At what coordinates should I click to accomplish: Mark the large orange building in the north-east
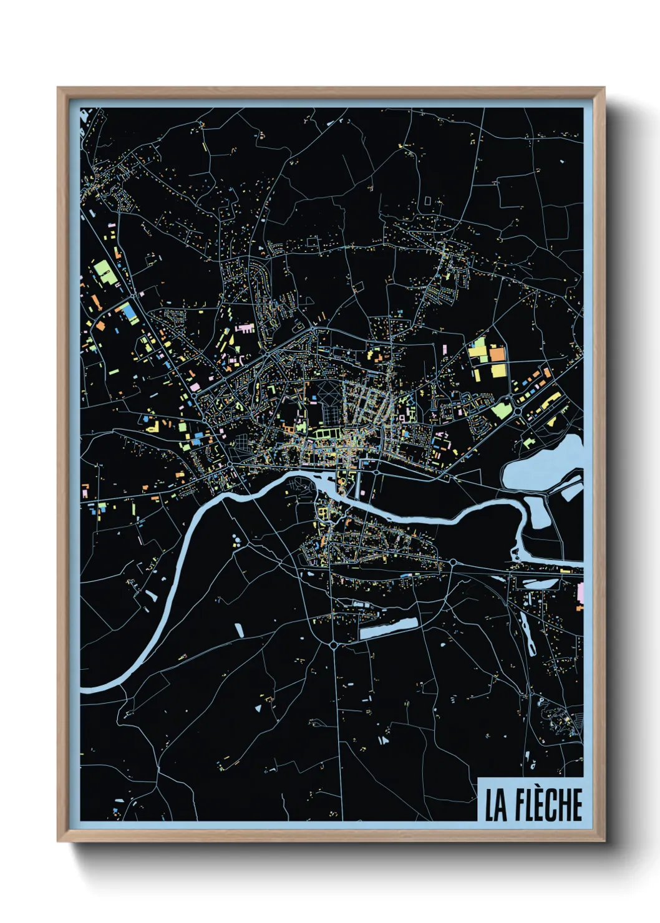coord(497,355)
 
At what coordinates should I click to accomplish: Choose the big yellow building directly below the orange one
coord(498,371)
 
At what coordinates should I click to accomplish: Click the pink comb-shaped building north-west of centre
coord(245,327)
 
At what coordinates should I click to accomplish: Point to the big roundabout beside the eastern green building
coord(518,412)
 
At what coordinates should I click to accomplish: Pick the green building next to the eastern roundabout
coord(501,409)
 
